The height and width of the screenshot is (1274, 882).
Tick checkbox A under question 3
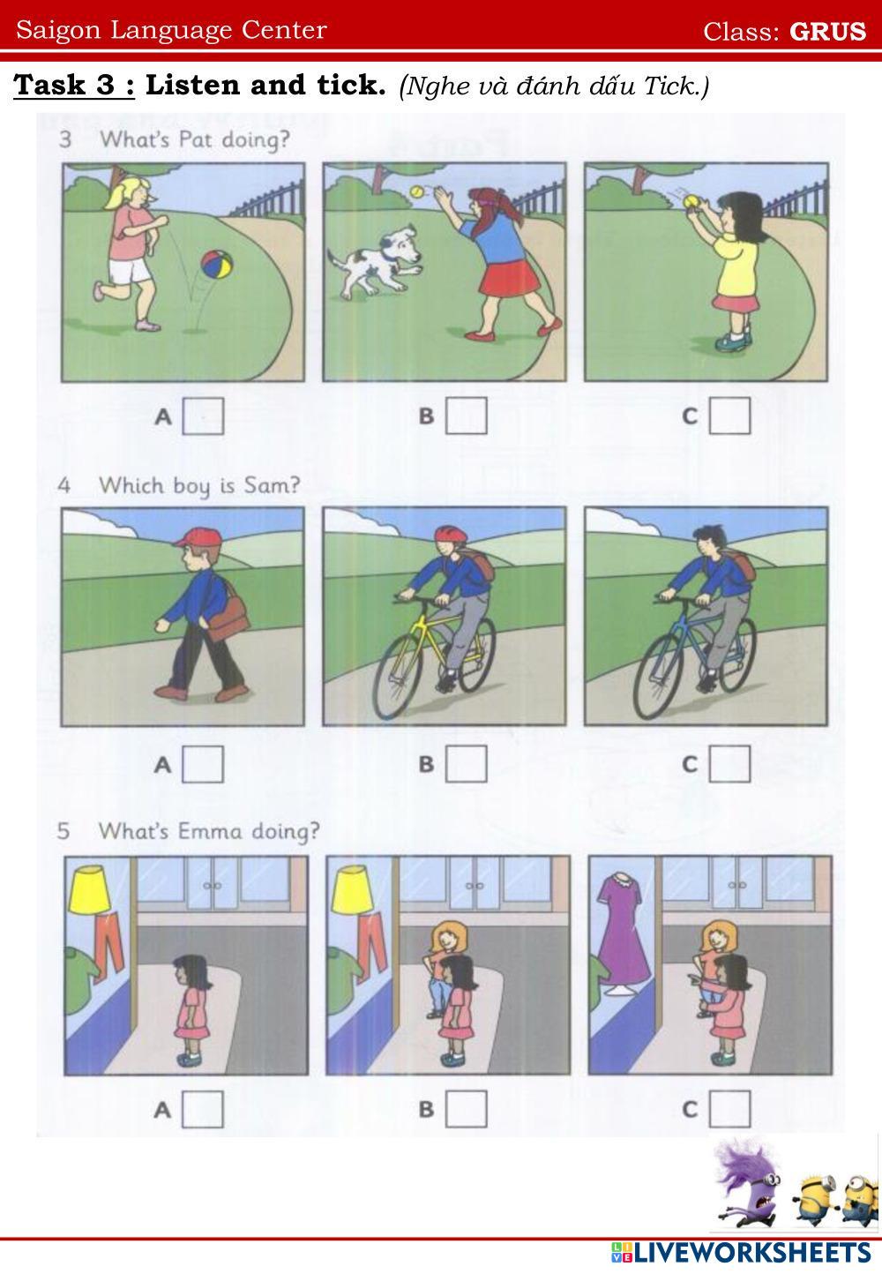coord(203,416)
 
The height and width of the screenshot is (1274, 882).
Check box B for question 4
coord(467,763)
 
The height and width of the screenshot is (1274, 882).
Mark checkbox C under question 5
coord(729,1108)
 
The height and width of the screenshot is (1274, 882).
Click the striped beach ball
coord(216,265)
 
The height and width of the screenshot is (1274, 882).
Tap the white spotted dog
coord(376,263)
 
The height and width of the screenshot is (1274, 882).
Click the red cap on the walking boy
coord(197,537)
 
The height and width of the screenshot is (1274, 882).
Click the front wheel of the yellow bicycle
coord(398,677)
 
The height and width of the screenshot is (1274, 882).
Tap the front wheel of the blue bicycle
coord(660,677)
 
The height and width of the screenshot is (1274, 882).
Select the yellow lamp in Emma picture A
coord(90,889)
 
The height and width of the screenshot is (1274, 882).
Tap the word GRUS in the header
coord(827,31)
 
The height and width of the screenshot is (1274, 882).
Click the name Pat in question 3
coord(195,139)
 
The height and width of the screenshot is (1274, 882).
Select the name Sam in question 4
coord(272,485)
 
